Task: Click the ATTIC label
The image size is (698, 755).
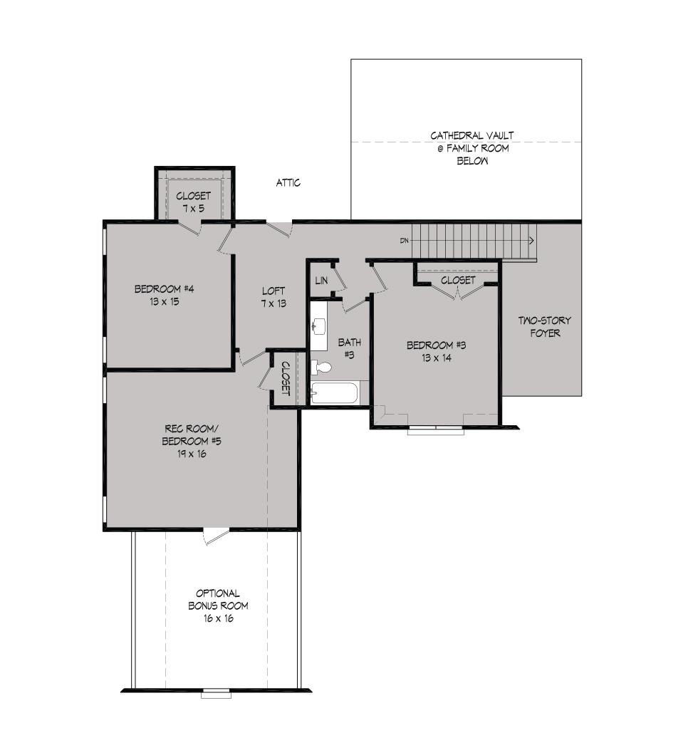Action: point(288,182)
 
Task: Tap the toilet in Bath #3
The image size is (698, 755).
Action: point(321,368)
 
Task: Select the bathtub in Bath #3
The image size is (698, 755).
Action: point(334,393)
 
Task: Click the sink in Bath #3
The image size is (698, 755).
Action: point(318,326)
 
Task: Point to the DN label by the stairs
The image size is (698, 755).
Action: point(405,240)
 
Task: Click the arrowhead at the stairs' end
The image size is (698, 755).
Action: point(531,240)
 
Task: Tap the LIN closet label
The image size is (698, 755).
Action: point(321,280)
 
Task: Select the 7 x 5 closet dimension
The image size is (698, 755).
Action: point(193,209)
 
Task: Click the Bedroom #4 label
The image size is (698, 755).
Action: point(164,289)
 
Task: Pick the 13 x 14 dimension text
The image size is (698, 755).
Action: point(436,358)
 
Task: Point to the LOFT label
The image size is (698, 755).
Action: point(274,291)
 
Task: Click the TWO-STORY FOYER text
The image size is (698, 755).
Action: point(545,326)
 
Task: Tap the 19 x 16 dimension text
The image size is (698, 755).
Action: point(192,454)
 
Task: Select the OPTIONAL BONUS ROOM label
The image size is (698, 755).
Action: point(218,600)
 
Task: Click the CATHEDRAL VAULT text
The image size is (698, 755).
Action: point(472,135)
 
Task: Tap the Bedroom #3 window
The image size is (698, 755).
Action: point(436,429)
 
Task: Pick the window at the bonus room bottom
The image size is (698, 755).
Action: point(216,694)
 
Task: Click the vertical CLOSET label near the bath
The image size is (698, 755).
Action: point(285,378)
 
